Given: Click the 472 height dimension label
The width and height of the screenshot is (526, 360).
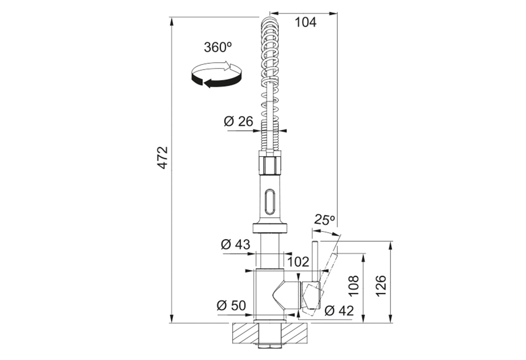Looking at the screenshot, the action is (x=163, y=157).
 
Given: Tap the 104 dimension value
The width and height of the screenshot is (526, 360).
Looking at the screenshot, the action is (x=306, y=22).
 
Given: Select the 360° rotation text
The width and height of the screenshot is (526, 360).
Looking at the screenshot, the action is (x=218, y=47).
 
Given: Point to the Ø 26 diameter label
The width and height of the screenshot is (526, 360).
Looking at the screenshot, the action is (x=238, y=121).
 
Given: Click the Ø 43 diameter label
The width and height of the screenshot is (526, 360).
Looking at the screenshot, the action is (x=235, y=244).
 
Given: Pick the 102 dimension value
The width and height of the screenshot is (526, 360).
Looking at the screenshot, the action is (x=298, y=262).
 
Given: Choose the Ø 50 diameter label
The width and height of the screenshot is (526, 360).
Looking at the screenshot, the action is (x=231, y=305).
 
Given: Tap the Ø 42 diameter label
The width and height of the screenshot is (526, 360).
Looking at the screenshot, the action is (x=339, y=311).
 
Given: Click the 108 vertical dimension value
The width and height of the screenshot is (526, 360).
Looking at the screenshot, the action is (x=353, y=286).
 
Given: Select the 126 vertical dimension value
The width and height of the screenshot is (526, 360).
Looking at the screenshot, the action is (x=381, y=286).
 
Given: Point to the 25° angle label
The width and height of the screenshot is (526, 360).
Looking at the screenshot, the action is (x=324, y=220).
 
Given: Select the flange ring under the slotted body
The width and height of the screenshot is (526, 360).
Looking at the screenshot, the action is (x=270, y=228).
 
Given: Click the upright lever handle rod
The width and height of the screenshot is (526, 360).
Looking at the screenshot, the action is (x=315, y=261).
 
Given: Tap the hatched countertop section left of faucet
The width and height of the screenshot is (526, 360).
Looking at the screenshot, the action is (x=244, y=333).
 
